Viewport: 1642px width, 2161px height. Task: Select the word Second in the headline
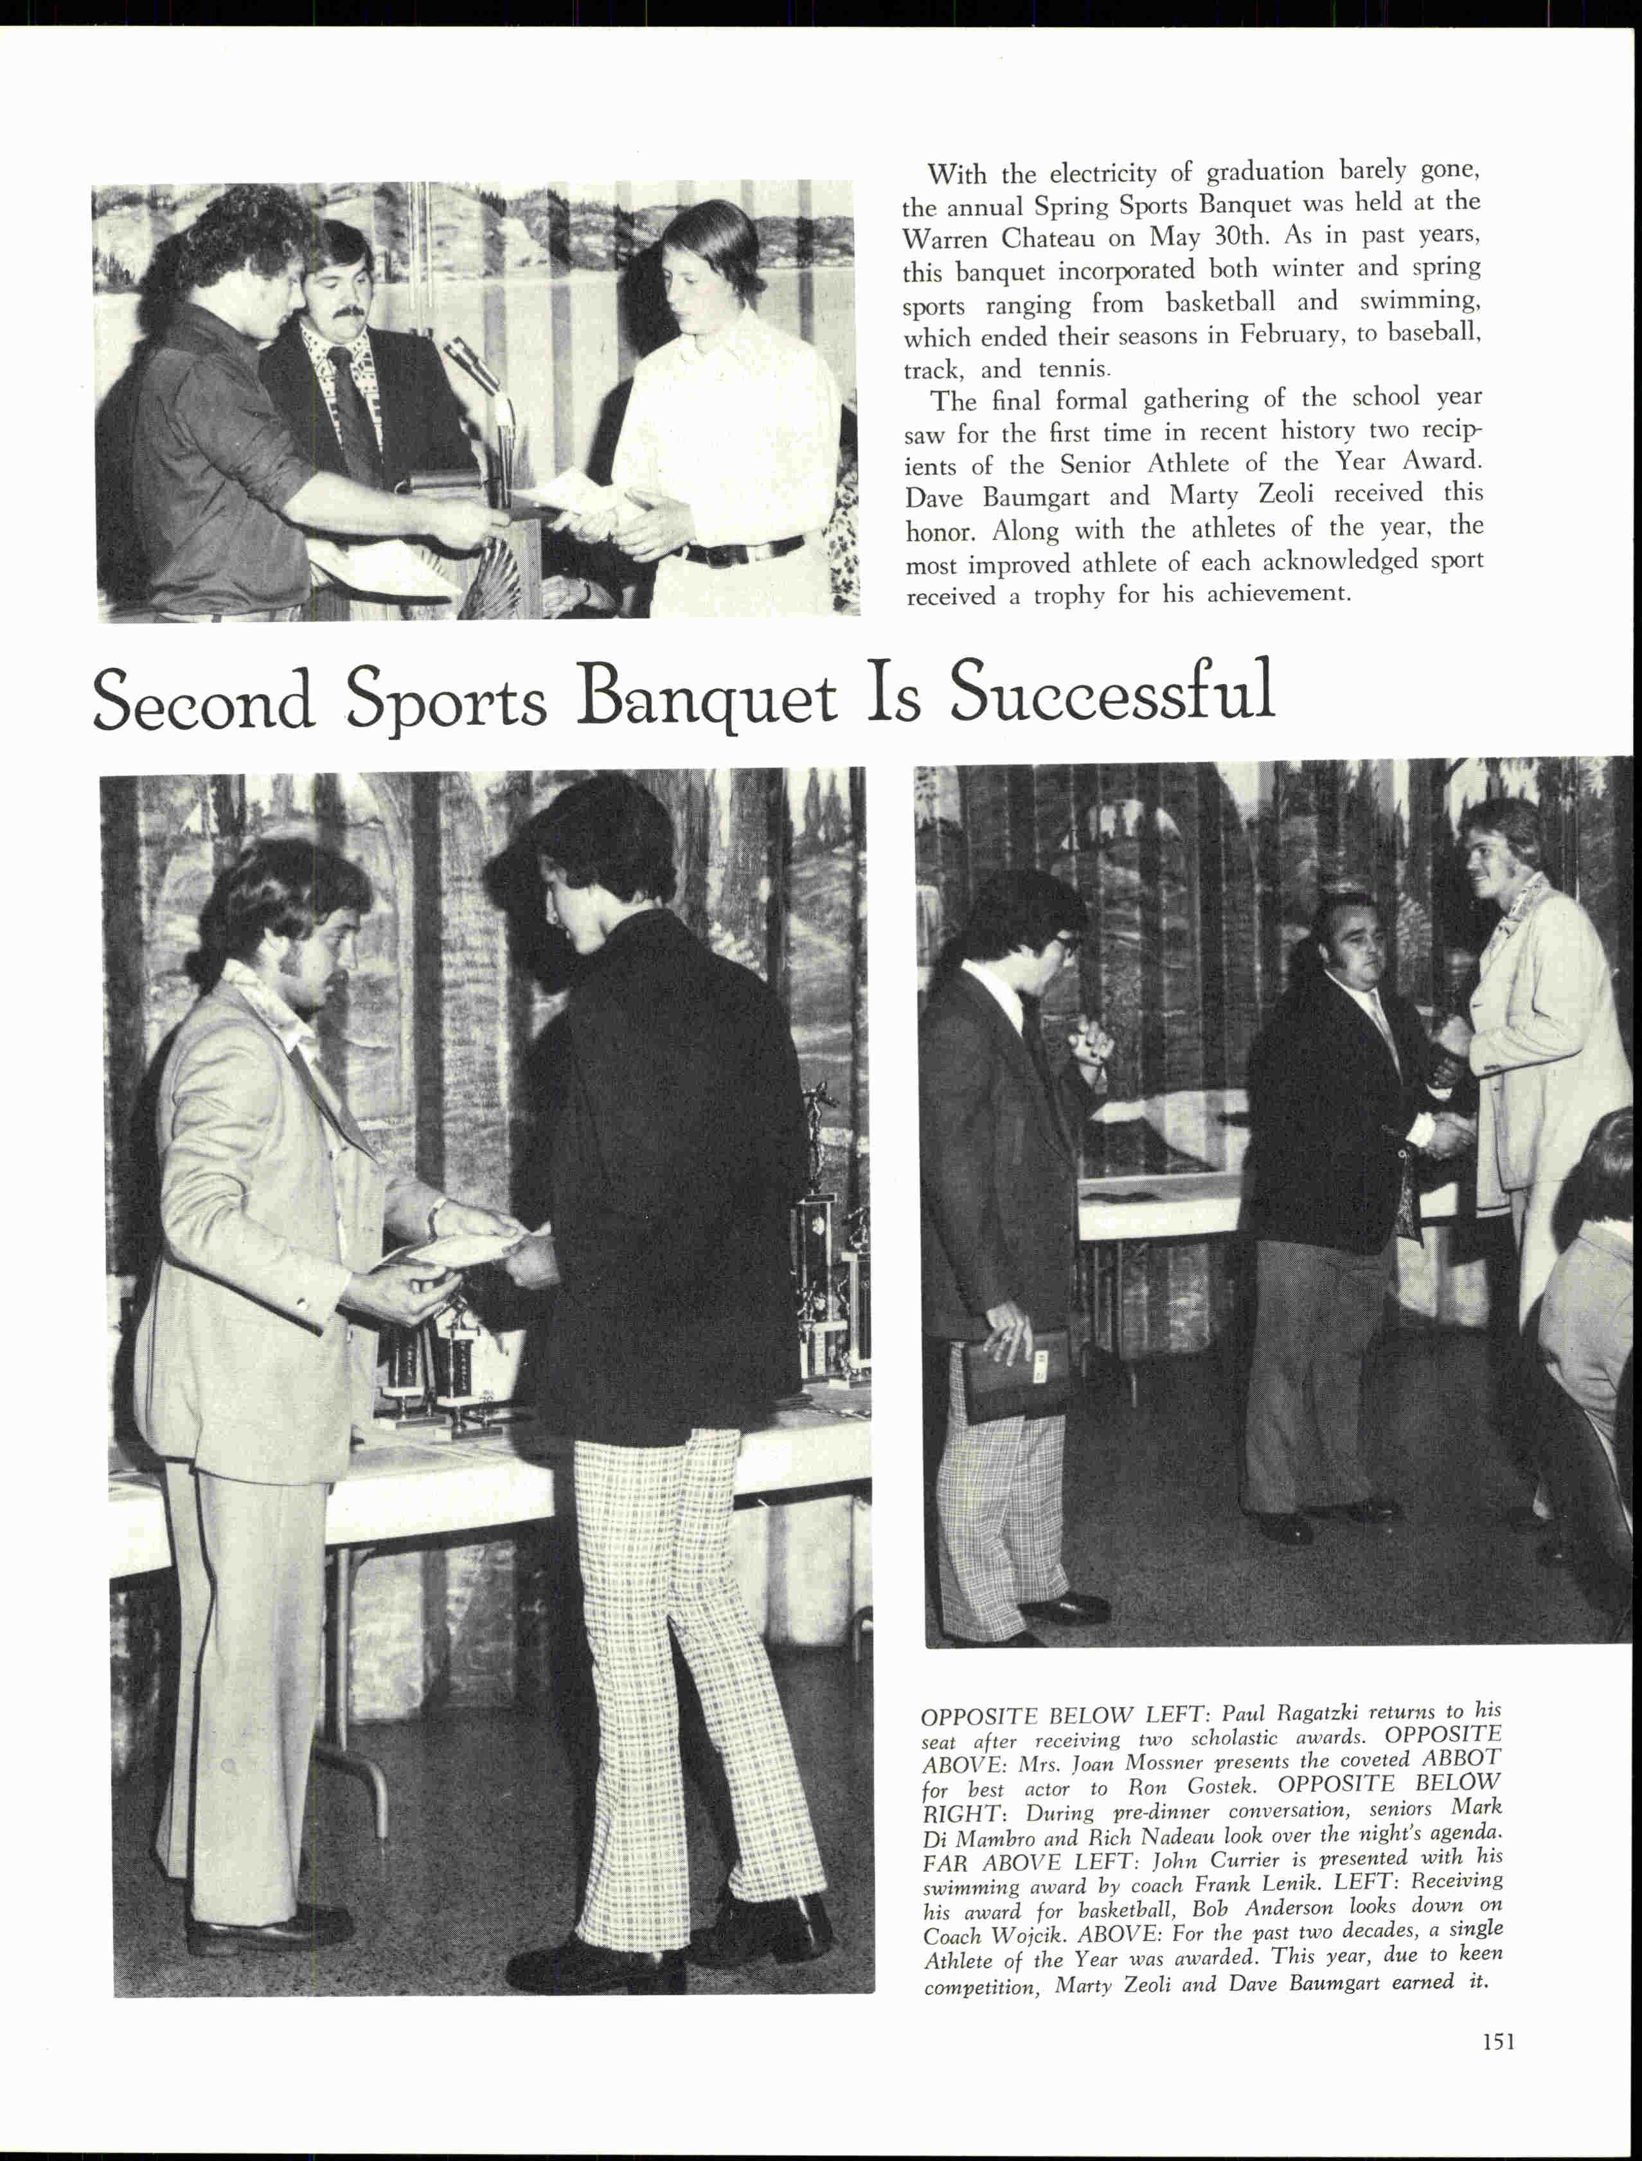click(203, 700)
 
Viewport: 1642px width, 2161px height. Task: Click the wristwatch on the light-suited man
click(436, 1214)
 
